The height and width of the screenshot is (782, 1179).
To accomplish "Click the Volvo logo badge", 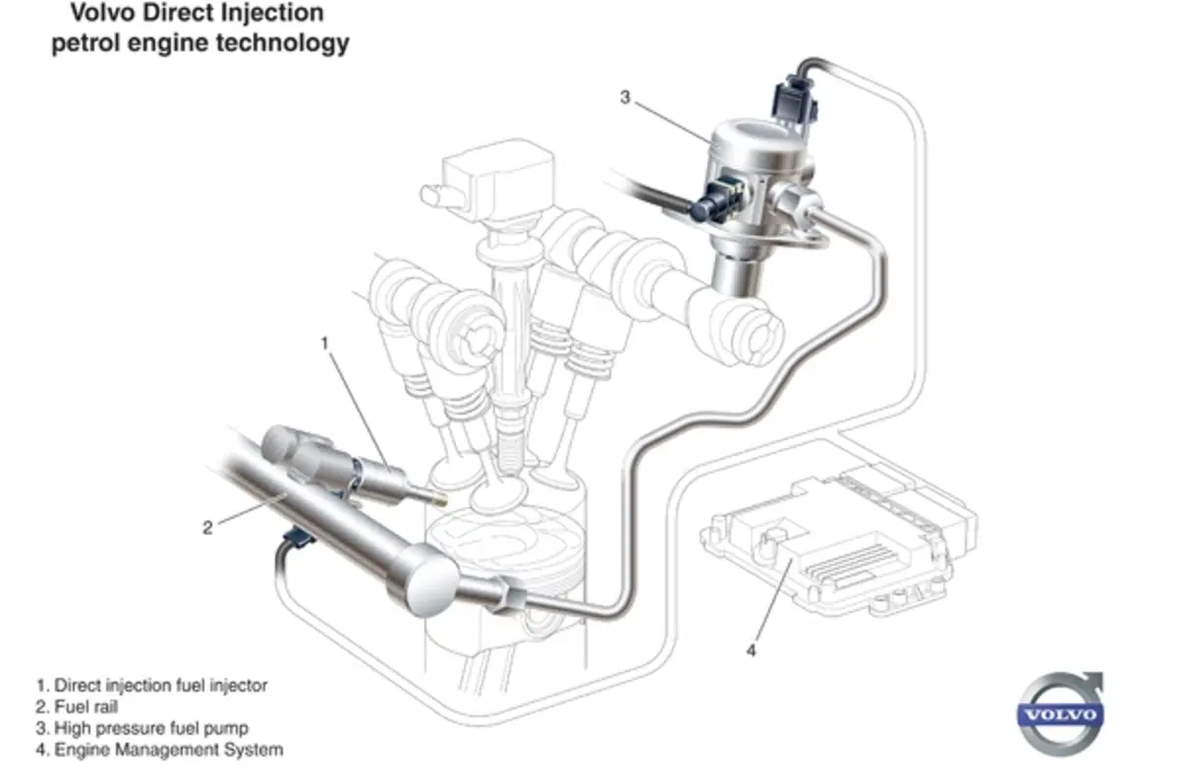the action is (x=1060, y=714).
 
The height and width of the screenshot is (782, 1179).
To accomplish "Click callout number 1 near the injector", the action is (x=325, y=343).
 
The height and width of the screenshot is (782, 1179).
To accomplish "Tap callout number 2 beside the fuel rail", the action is (x=208, y=528).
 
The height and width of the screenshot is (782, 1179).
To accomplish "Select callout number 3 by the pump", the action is (x=625, y=97).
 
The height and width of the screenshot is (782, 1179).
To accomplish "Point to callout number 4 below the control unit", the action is (x=751, y=651).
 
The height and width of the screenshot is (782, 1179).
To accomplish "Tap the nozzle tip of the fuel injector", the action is (x=440, y=499).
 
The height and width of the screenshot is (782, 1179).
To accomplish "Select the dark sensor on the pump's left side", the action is (x=717, y=200).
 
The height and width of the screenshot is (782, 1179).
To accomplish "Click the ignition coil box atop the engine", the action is (x=497, y=179).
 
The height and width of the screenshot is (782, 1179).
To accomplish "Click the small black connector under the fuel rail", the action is (x=299, y=538).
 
